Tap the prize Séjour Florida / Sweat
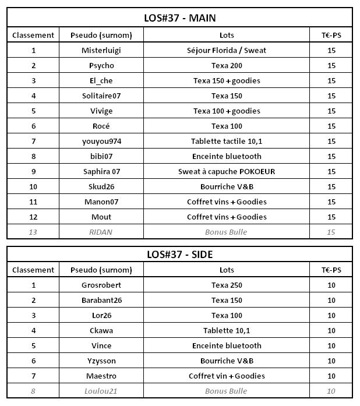(x=227, y=50)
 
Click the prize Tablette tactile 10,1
(x=227, y=141)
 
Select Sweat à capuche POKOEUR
(x=227, y=171)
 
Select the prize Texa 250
(x=227, y=285)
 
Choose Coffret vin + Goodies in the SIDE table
(x=227, y=376)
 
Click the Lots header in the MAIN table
(x=227, y=35)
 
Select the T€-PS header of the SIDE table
(x=331, y=270)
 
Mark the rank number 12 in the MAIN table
(x=33, y=217)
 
